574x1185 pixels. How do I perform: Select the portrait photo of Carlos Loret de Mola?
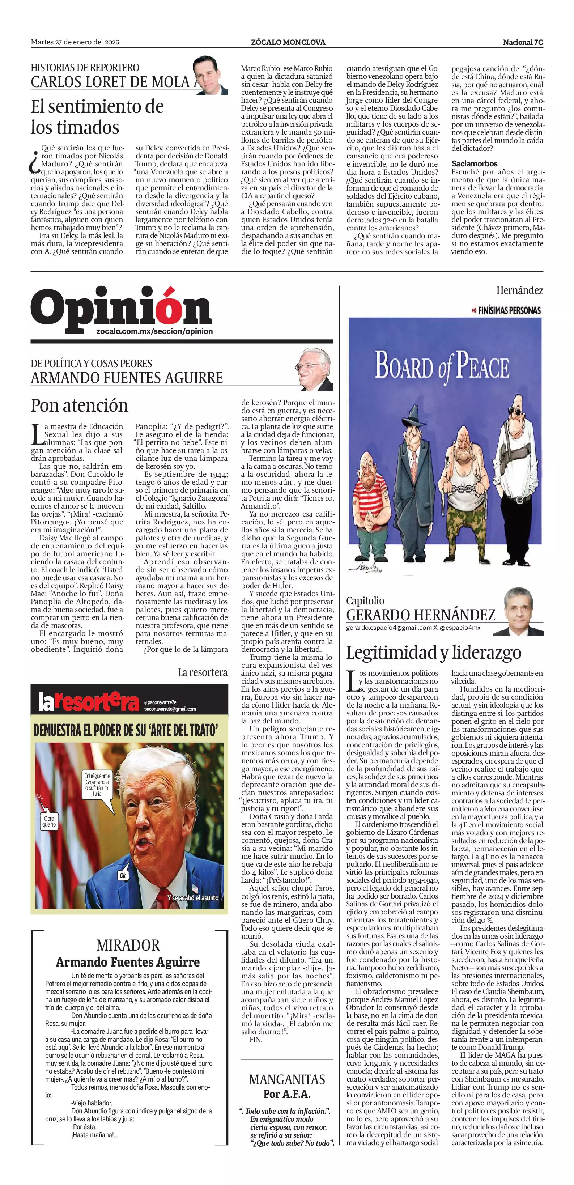[x=210, y=75]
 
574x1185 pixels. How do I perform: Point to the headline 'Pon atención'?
[x=80, y=405]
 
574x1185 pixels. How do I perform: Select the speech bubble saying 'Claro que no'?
[x=49, y=821]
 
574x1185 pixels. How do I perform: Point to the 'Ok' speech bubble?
[x=123, y=875]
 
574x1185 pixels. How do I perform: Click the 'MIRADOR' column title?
[x=128, y=945]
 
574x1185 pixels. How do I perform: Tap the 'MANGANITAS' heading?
[x=287, y=1079]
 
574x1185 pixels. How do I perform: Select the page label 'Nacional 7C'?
[x=523, y=42]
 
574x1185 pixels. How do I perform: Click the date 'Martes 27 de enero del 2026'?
[x=75, y=42]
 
